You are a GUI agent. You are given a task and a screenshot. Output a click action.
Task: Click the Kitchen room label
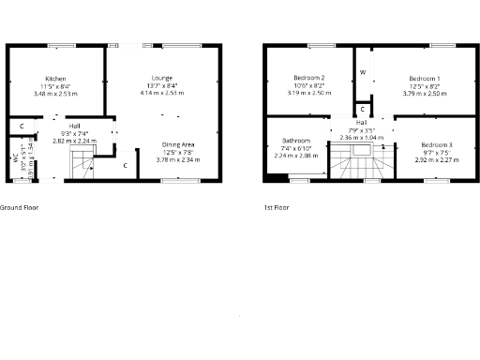click(55, 79)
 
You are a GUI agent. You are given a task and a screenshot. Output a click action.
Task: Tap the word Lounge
click(162, 78)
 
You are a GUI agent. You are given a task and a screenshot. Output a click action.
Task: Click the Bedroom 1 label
click(425, 78)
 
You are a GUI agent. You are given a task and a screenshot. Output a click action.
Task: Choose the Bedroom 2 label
click(309, 78)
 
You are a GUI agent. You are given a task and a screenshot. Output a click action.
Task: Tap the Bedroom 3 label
click(436, 144)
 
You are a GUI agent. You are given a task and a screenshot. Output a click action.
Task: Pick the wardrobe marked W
click(362, 72)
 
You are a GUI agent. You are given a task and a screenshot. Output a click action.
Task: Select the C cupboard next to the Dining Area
click(126, 166)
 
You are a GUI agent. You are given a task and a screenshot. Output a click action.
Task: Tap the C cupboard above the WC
click(21, 126)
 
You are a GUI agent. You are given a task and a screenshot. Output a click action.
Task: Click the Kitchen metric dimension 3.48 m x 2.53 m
click(55, 94)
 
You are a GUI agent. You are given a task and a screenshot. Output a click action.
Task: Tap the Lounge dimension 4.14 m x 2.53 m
click(162, 93)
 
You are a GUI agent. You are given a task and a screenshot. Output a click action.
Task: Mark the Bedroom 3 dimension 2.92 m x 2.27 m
click(436, 159)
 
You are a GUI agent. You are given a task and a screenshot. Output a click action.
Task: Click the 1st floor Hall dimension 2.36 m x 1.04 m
click(361, 137)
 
